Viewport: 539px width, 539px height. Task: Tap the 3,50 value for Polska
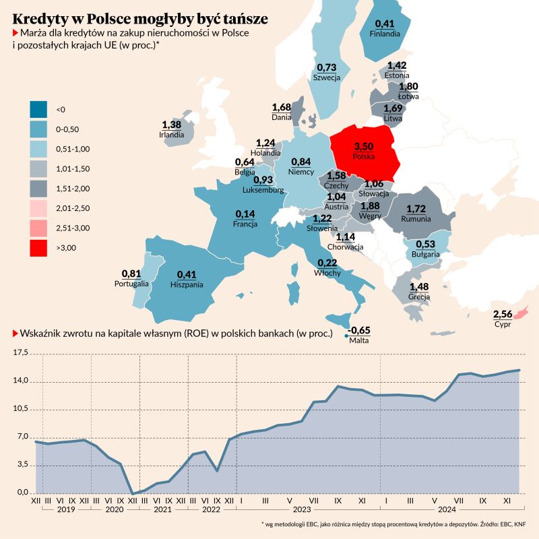(x=363, y=146)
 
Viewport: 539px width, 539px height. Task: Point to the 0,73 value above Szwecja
(x=326, y=67)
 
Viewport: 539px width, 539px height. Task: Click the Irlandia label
(x=172, y=134)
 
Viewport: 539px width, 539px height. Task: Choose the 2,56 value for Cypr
(x=503, y=314)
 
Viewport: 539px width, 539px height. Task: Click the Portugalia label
(x=132, y=284)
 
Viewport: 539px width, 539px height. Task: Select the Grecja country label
(x=419, y=296)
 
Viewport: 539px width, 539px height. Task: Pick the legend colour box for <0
(x=39, y=109)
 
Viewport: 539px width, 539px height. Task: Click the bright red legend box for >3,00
(x=39, y=248)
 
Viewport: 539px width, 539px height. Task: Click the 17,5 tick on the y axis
(x=23, y=352)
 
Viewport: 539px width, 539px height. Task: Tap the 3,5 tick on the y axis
(x=23, y=465)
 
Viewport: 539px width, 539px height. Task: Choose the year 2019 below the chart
(x=65, y=511)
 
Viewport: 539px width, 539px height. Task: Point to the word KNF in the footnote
(x=518, y=524)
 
